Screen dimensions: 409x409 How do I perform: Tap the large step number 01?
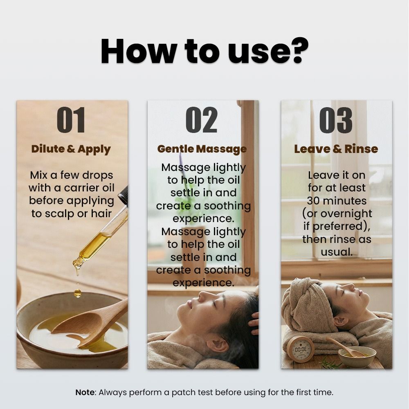(x=71, y=120)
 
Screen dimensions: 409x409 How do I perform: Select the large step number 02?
(x=201, y=120)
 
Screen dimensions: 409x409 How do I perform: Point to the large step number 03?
(x=336, y=120)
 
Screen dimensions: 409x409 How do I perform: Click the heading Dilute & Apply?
(x=71, y=149)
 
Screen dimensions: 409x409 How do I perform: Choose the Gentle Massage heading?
(x=202, y=149)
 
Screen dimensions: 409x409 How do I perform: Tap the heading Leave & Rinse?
(x=336, y=149)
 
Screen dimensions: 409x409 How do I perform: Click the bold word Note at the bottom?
(x=85, y=392)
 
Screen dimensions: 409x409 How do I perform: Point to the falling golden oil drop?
(x=77, y=293)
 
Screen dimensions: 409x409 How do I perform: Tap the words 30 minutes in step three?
(x=337, y=201)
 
